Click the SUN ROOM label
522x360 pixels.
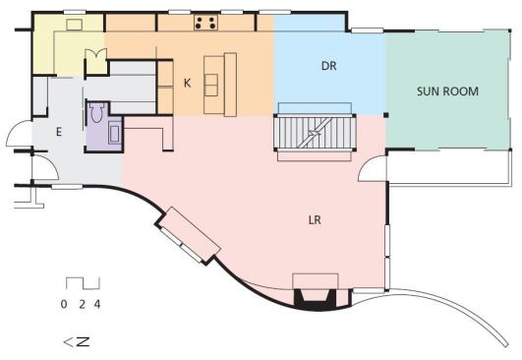coord(447,91)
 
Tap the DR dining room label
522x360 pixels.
coord(329,66)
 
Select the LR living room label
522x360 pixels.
coord(315,220)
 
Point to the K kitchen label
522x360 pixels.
coord(188,83)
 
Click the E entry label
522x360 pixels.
coord(59,132)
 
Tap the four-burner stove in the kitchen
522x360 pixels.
coord(205,23)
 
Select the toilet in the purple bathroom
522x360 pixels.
coord(96,112)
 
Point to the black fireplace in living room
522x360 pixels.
coord(315,298)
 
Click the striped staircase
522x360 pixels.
coord(315,133)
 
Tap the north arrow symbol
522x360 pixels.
coord(77,342)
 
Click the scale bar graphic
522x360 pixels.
coord(83,283)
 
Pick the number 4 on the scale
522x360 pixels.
coord(97,304)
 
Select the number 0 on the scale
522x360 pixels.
coord(64,304)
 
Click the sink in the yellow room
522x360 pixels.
coord(75,25)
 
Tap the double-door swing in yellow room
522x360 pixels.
coord(96,55)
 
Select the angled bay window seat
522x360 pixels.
coord(188,234)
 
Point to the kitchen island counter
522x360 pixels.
coord(220,85)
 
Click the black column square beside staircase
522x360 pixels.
coord(385,115)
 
